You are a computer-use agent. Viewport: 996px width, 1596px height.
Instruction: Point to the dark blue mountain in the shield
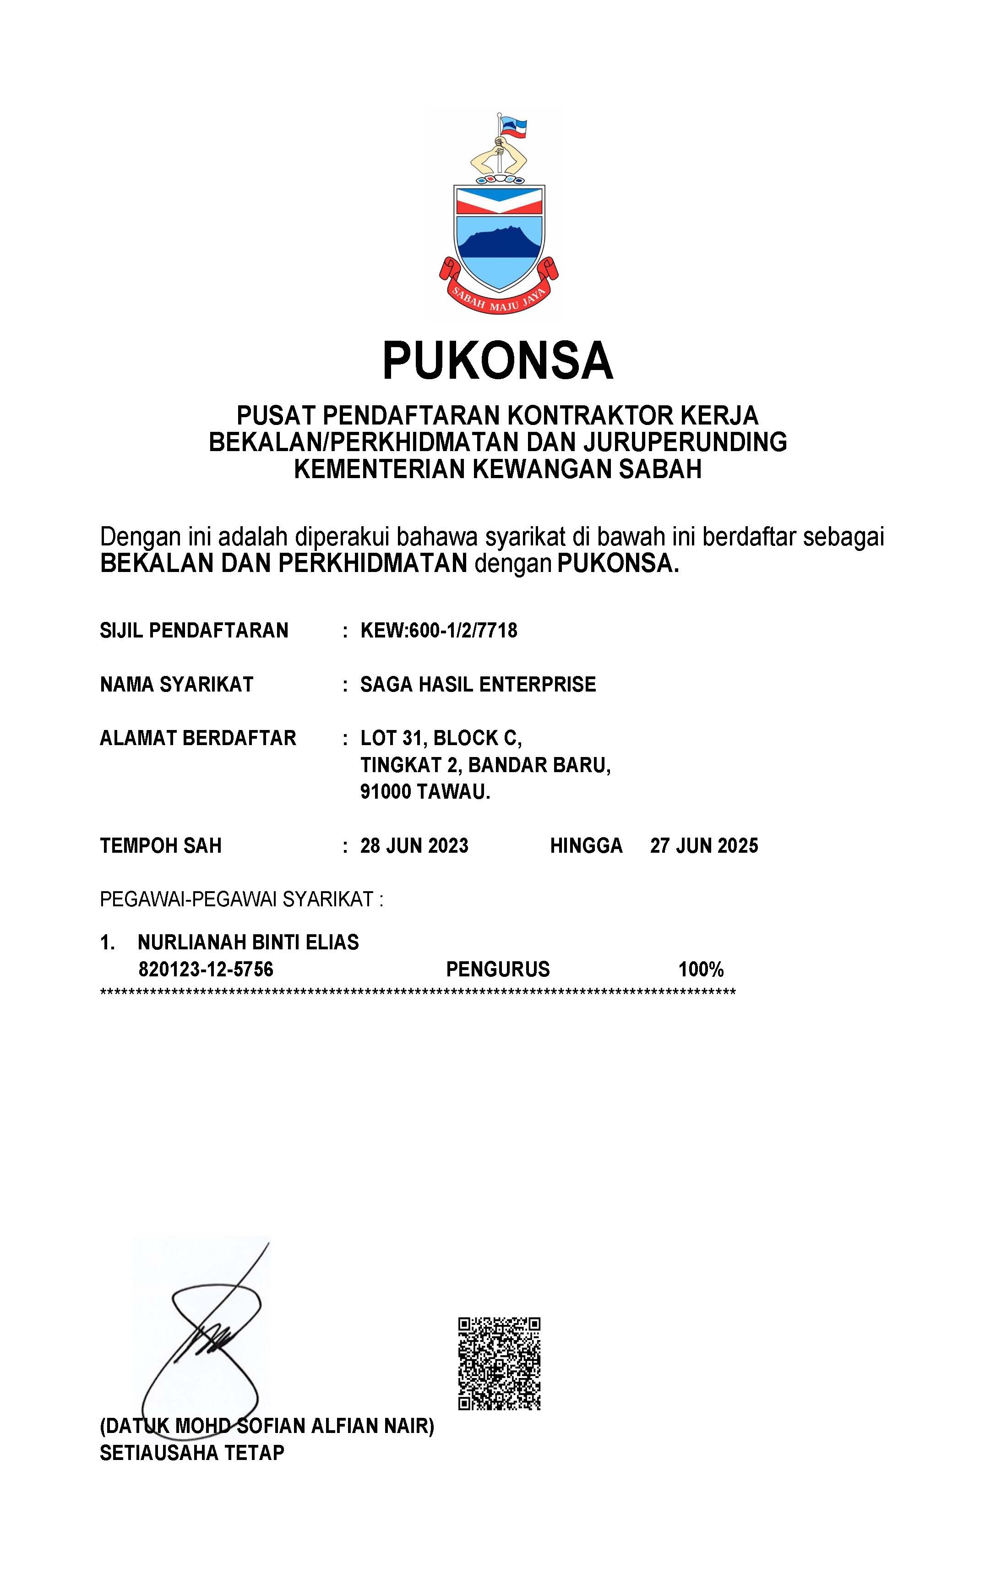(499, 245)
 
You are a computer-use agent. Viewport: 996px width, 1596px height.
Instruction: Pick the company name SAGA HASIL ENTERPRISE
(478, 684)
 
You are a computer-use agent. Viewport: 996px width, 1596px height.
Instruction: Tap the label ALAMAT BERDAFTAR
(198, 738)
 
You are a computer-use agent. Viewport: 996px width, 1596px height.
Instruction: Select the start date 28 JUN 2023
(414, 846)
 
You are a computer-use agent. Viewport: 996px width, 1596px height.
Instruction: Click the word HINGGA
(586, 846)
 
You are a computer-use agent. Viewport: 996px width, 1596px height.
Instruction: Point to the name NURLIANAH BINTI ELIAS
(248, 942)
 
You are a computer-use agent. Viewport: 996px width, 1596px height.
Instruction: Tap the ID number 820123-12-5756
(206, 970)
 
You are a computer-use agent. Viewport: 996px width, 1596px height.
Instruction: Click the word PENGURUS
(497, 970)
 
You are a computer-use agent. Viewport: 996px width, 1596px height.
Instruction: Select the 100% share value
(701, 970)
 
